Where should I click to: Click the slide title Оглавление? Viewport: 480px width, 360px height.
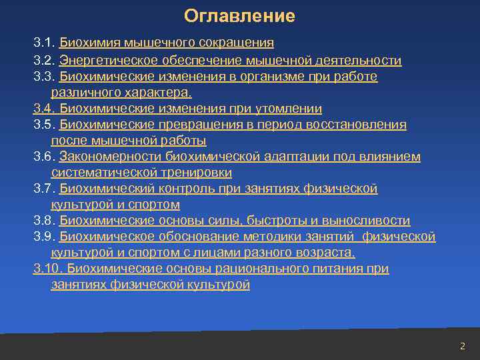(x=239, y=15)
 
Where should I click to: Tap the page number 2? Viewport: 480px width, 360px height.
(x=462, y=345)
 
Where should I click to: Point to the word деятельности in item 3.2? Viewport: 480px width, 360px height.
(x=362, y=61)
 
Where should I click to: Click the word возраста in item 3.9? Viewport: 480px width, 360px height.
(x=327, y=253)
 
